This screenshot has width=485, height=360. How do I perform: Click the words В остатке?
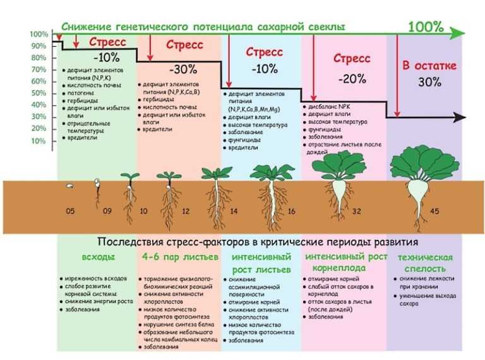[429, 66]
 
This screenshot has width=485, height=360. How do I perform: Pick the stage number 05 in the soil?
[70, 212]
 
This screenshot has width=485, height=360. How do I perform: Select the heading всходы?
[97, 258]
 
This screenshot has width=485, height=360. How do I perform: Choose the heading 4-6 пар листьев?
[179, 258]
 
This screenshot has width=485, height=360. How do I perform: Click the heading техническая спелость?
[425, 263]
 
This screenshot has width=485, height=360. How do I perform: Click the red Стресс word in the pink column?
[352, 59]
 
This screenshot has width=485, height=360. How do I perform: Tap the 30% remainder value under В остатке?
[429, 82]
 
